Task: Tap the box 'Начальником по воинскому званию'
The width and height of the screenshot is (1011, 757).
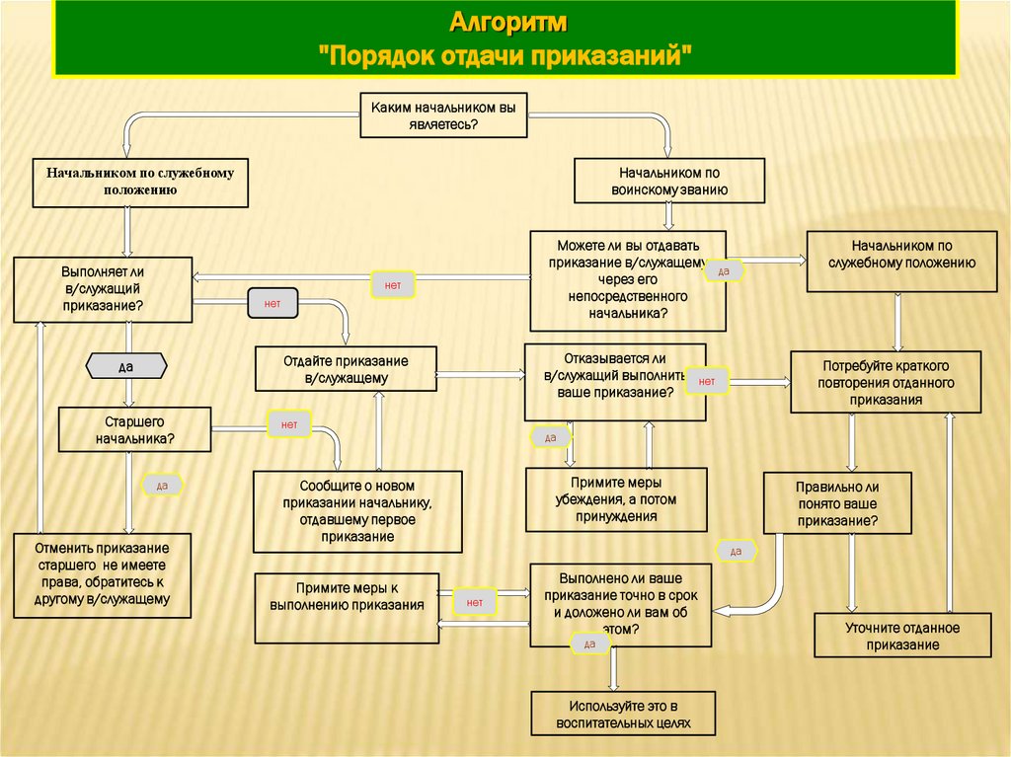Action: pyautogui.click(x=669, y=182)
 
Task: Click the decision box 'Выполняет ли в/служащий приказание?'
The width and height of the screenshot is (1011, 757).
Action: pyautogui.click(x=103, y=288)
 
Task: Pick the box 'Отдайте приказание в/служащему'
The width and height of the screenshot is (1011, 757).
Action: pyautogui.click(x=346, y=369)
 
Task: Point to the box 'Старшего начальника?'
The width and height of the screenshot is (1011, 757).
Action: pyautogui.click(x=135, y=429)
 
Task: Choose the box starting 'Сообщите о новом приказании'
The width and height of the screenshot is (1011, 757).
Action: pyautogui.click(x=357, y=511)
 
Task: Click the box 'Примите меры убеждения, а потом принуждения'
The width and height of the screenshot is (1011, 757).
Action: pyautogui.click(x=616, y=499)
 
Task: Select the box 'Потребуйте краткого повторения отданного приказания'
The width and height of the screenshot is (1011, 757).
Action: pyautogui.click(x=886, y=383)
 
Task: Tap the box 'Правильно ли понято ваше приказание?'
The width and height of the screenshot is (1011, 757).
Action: pyautogui.click(x=837, y=503)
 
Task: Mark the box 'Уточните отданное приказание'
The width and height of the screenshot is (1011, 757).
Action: pyautogui.click(x=902, y=636)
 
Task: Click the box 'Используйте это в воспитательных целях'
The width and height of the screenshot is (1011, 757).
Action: pyautogui.click(x=622, y=714)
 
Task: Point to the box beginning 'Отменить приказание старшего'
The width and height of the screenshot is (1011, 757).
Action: pyautogui.click(x=103, y=574)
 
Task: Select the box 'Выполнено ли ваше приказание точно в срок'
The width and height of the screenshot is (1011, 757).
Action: pyautogui.click(x=620, y=605)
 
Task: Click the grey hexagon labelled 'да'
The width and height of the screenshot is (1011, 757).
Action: pyautogui.click(x=125, y=366)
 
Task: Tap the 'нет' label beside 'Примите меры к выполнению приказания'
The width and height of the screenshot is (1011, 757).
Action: pyautogui.click(x=474, y=601)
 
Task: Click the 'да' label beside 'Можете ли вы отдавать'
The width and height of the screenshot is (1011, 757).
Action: pyautogui.click(x=723, y=270)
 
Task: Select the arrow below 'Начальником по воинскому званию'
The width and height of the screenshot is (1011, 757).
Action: pyautogui.click(x=669, y=217)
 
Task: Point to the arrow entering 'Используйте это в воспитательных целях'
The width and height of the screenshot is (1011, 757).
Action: pyautogui.click(x=613, y=669)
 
